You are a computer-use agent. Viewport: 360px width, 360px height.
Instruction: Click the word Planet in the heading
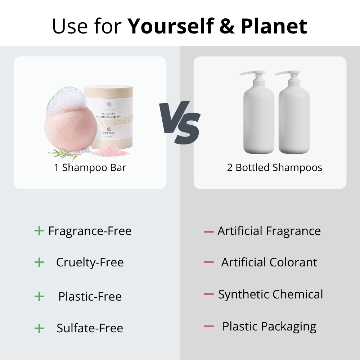pos(274,26)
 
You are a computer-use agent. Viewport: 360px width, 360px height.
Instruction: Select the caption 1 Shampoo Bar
pos(90,168)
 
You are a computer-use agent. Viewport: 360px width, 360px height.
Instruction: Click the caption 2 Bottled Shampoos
pos(275,168)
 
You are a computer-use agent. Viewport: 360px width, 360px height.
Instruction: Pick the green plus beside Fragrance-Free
pos(39,231)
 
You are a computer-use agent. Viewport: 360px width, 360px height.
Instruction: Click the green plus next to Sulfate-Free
pos(39,328)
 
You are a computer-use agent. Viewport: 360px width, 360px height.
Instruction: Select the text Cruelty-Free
pos(90,262)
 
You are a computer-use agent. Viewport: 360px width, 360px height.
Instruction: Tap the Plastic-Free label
pos(90,297)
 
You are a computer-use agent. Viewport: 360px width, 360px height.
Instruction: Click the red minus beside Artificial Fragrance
pos(209,231)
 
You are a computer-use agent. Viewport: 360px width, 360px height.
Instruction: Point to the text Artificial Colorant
pos(269,262)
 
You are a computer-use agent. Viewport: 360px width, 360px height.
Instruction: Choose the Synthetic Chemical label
pos(271,294)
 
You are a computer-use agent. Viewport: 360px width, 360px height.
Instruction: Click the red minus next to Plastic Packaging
pos(209,327)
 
